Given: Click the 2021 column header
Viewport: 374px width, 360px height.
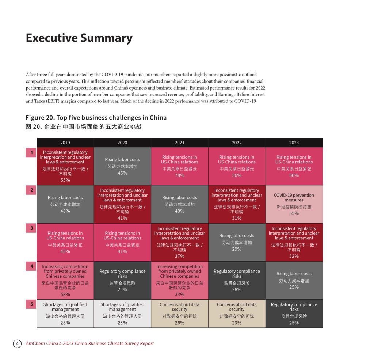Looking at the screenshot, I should (179, 143).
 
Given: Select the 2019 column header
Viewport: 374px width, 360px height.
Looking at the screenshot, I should (65, 143).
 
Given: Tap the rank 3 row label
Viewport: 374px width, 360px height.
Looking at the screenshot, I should (31, 228).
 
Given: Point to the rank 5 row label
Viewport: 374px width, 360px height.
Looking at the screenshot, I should (31, 304).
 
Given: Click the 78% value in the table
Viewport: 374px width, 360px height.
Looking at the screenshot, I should (179, 175).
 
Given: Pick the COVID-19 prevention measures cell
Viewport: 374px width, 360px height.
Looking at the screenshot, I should (294, 204).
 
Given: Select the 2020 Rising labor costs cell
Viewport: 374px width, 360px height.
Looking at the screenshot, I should (122, 166).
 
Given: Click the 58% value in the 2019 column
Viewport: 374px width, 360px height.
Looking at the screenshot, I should (65, 294).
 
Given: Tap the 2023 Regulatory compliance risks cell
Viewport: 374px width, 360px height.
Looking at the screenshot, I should (294, 313).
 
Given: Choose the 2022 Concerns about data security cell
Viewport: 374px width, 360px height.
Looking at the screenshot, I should (237, 313).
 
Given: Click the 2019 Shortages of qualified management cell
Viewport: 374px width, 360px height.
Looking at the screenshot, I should (65, 313).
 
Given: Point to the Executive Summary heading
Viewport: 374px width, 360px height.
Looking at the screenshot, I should (79, 38).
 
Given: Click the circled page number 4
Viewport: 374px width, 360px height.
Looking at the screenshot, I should (17, 344).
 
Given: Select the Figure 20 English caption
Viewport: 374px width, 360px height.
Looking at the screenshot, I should (96, 118).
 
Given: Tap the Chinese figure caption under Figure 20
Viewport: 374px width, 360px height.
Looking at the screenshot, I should (84, 127).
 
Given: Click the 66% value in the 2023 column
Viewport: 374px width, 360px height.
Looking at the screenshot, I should (294, 175).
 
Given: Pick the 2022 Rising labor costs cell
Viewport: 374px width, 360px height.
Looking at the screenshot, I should (237, 242).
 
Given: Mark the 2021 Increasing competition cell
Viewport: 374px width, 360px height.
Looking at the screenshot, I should (179, 280).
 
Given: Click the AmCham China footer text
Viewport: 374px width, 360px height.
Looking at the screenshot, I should (89, 344).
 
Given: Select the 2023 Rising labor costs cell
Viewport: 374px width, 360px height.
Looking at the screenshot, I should (294, 280).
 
